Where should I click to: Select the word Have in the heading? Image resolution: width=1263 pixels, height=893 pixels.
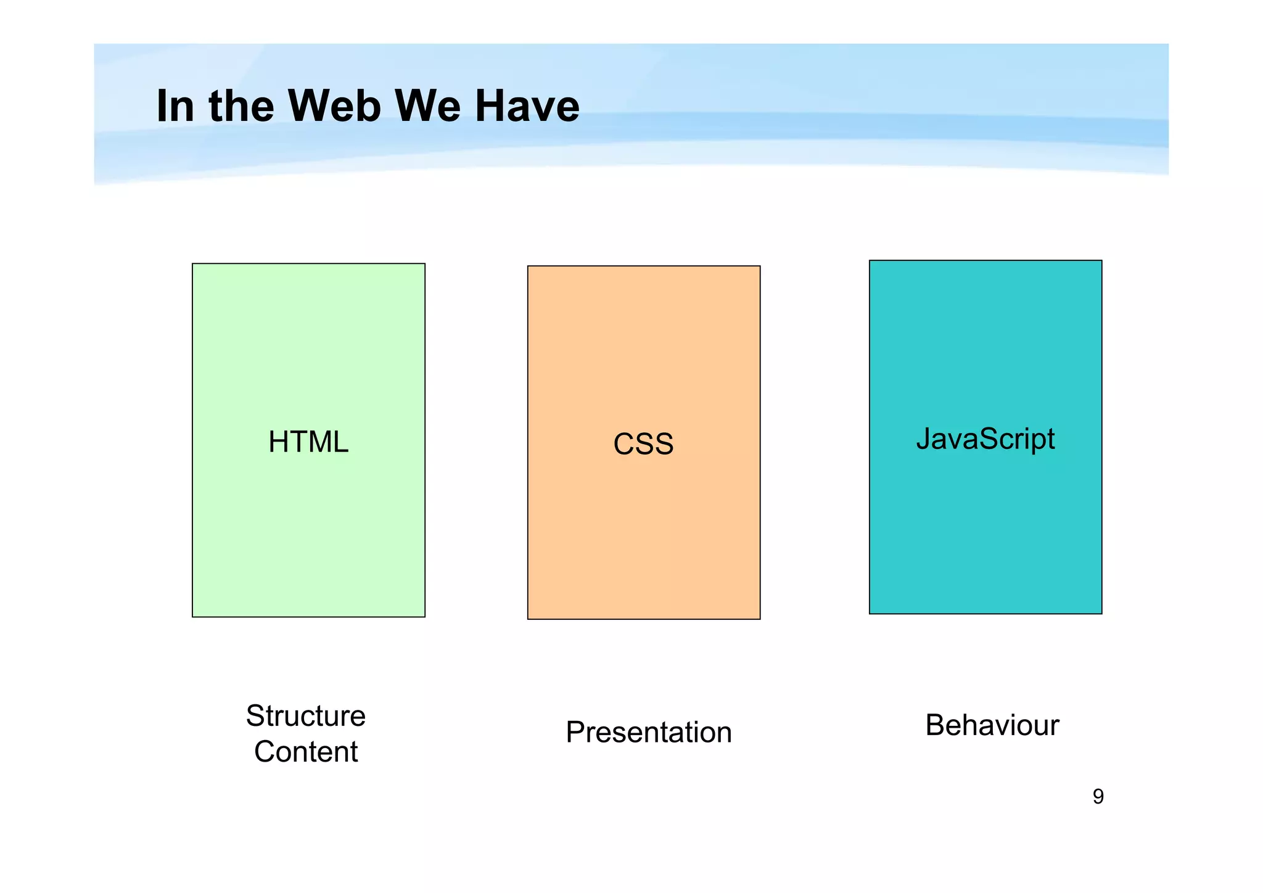[527, 106]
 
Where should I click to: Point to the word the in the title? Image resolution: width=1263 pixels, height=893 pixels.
[241, 106]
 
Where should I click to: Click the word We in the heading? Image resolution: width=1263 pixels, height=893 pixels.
[427, 106]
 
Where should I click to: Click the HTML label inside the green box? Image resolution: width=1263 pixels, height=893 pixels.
[308, 442]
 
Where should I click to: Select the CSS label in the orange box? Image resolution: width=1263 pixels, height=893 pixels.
[643, 444]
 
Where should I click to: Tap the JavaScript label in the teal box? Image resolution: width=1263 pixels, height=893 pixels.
[985, 439]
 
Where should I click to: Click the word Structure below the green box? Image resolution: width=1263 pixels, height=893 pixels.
[306, 716]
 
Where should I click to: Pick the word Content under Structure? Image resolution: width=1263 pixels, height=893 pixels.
[306, 752]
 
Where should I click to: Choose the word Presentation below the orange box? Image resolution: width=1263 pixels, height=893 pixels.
[649, 733]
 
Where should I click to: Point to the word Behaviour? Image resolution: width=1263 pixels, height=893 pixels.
[992, 725]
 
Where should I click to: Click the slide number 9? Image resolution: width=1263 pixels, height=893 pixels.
[1098, 797]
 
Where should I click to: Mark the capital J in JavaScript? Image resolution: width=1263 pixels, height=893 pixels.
[923, 439]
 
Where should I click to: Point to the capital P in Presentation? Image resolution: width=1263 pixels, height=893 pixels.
[575, 732]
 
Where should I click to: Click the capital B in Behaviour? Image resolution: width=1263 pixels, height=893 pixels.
[936, 725]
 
